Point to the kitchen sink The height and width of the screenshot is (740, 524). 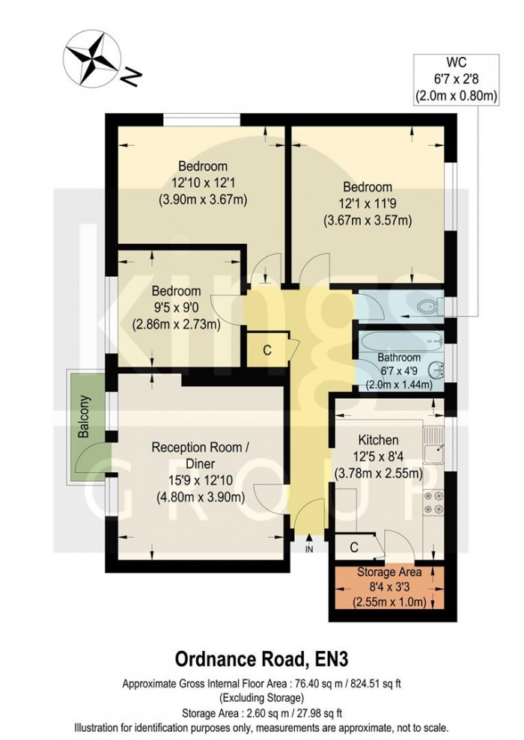pos(433,451)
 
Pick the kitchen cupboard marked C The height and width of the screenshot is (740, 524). pos(353,548)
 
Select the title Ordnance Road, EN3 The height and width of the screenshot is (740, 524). pos(262,658)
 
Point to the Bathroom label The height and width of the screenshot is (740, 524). pos(398,358)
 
